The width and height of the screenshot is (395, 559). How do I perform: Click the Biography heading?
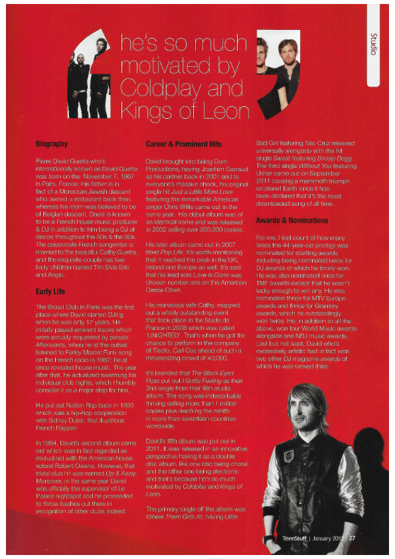(x=51, y=143)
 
